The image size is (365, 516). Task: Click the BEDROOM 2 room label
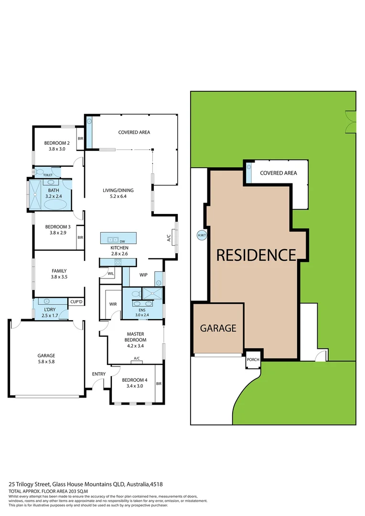point(57,143)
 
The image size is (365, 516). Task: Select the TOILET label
point(48,175)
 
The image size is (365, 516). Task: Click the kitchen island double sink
point(113,240)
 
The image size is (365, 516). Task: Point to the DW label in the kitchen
point(122,242)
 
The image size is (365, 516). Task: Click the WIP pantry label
point(143,275)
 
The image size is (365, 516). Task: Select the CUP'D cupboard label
point(76,302)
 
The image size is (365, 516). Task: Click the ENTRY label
point(99,374)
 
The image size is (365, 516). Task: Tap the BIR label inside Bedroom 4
point(159,383)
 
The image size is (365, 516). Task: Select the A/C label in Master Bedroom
point(137,358)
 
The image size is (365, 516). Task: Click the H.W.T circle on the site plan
point(201,235)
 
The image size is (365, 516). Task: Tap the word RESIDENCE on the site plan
point(256,255)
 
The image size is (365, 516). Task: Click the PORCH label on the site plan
point(253,360)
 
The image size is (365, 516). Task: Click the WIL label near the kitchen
point(111,274)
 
